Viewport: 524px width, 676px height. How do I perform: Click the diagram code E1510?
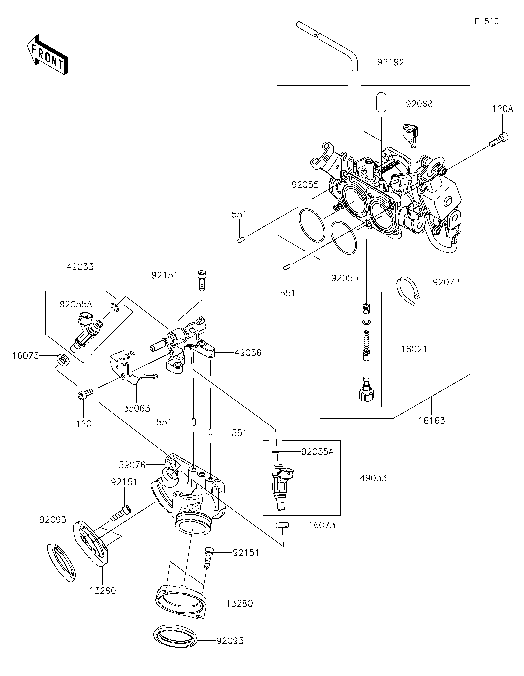tap(487, 21)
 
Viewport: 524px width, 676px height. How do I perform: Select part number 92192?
tap(391, 62)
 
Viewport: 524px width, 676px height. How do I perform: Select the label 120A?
tap(503, 109)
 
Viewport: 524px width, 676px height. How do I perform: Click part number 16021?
tap(414, 349)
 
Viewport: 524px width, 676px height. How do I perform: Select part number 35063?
tap(137, 409)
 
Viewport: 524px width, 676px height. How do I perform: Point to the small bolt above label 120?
tap(85, 394)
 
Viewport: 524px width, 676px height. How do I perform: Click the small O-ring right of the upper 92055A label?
tap(115, 307)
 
